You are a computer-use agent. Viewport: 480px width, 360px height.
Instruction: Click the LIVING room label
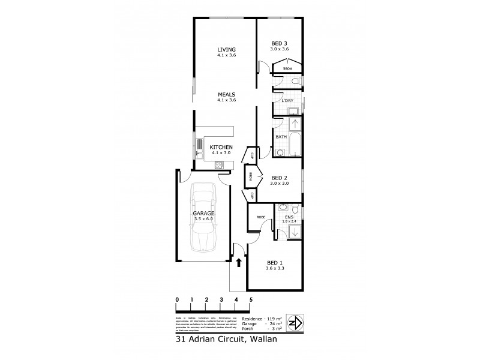[227, 49]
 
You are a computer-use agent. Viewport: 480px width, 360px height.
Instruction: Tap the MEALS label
[227, 94]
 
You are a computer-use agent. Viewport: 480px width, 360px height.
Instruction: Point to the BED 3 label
[280, 43]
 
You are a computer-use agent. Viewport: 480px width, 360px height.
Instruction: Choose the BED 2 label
[280, 178]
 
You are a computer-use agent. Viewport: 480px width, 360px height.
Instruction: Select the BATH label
[281, 137]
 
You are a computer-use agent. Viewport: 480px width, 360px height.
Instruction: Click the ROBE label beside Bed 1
[261, 217]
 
